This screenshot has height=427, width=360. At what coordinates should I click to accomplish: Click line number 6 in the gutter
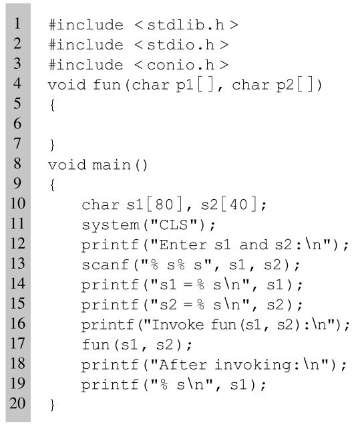coord(17,124)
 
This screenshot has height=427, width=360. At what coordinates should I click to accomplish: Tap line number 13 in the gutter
coord(17,263)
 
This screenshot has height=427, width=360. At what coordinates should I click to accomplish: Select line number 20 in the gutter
coord(17,403)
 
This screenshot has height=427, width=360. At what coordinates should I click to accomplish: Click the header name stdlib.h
coord(186,25)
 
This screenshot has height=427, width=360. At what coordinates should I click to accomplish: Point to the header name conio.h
coord(181,65)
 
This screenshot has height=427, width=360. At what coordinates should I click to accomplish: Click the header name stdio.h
coord(181,45)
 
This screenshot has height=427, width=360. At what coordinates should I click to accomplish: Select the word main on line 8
coord(112,165)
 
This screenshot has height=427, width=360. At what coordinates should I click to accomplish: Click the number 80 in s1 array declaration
coord(164,204)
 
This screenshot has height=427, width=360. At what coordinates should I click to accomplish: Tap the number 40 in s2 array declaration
coord(238,204)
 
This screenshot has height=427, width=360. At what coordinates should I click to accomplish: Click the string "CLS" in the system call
coord(174,225)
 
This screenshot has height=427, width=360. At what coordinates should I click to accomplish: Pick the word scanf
coord(106,265)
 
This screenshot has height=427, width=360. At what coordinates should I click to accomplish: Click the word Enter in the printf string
coord(183,245)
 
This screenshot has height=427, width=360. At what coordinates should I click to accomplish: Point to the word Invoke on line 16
coord(178,325)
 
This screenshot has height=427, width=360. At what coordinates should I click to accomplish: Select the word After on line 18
coord(183,365)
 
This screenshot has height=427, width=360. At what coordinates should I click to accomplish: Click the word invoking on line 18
coord(252,365)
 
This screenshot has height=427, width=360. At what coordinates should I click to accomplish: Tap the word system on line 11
coord(110,225)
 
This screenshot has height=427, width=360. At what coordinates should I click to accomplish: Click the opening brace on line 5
coord(52,105)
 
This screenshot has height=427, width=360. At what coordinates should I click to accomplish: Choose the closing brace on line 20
coord(52,404)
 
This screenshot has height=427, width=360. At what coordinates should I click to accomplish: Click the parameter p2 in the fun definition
coord(285,85)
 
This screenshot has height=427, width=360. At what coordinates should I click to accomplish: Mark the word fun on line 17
coord(96,344)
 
